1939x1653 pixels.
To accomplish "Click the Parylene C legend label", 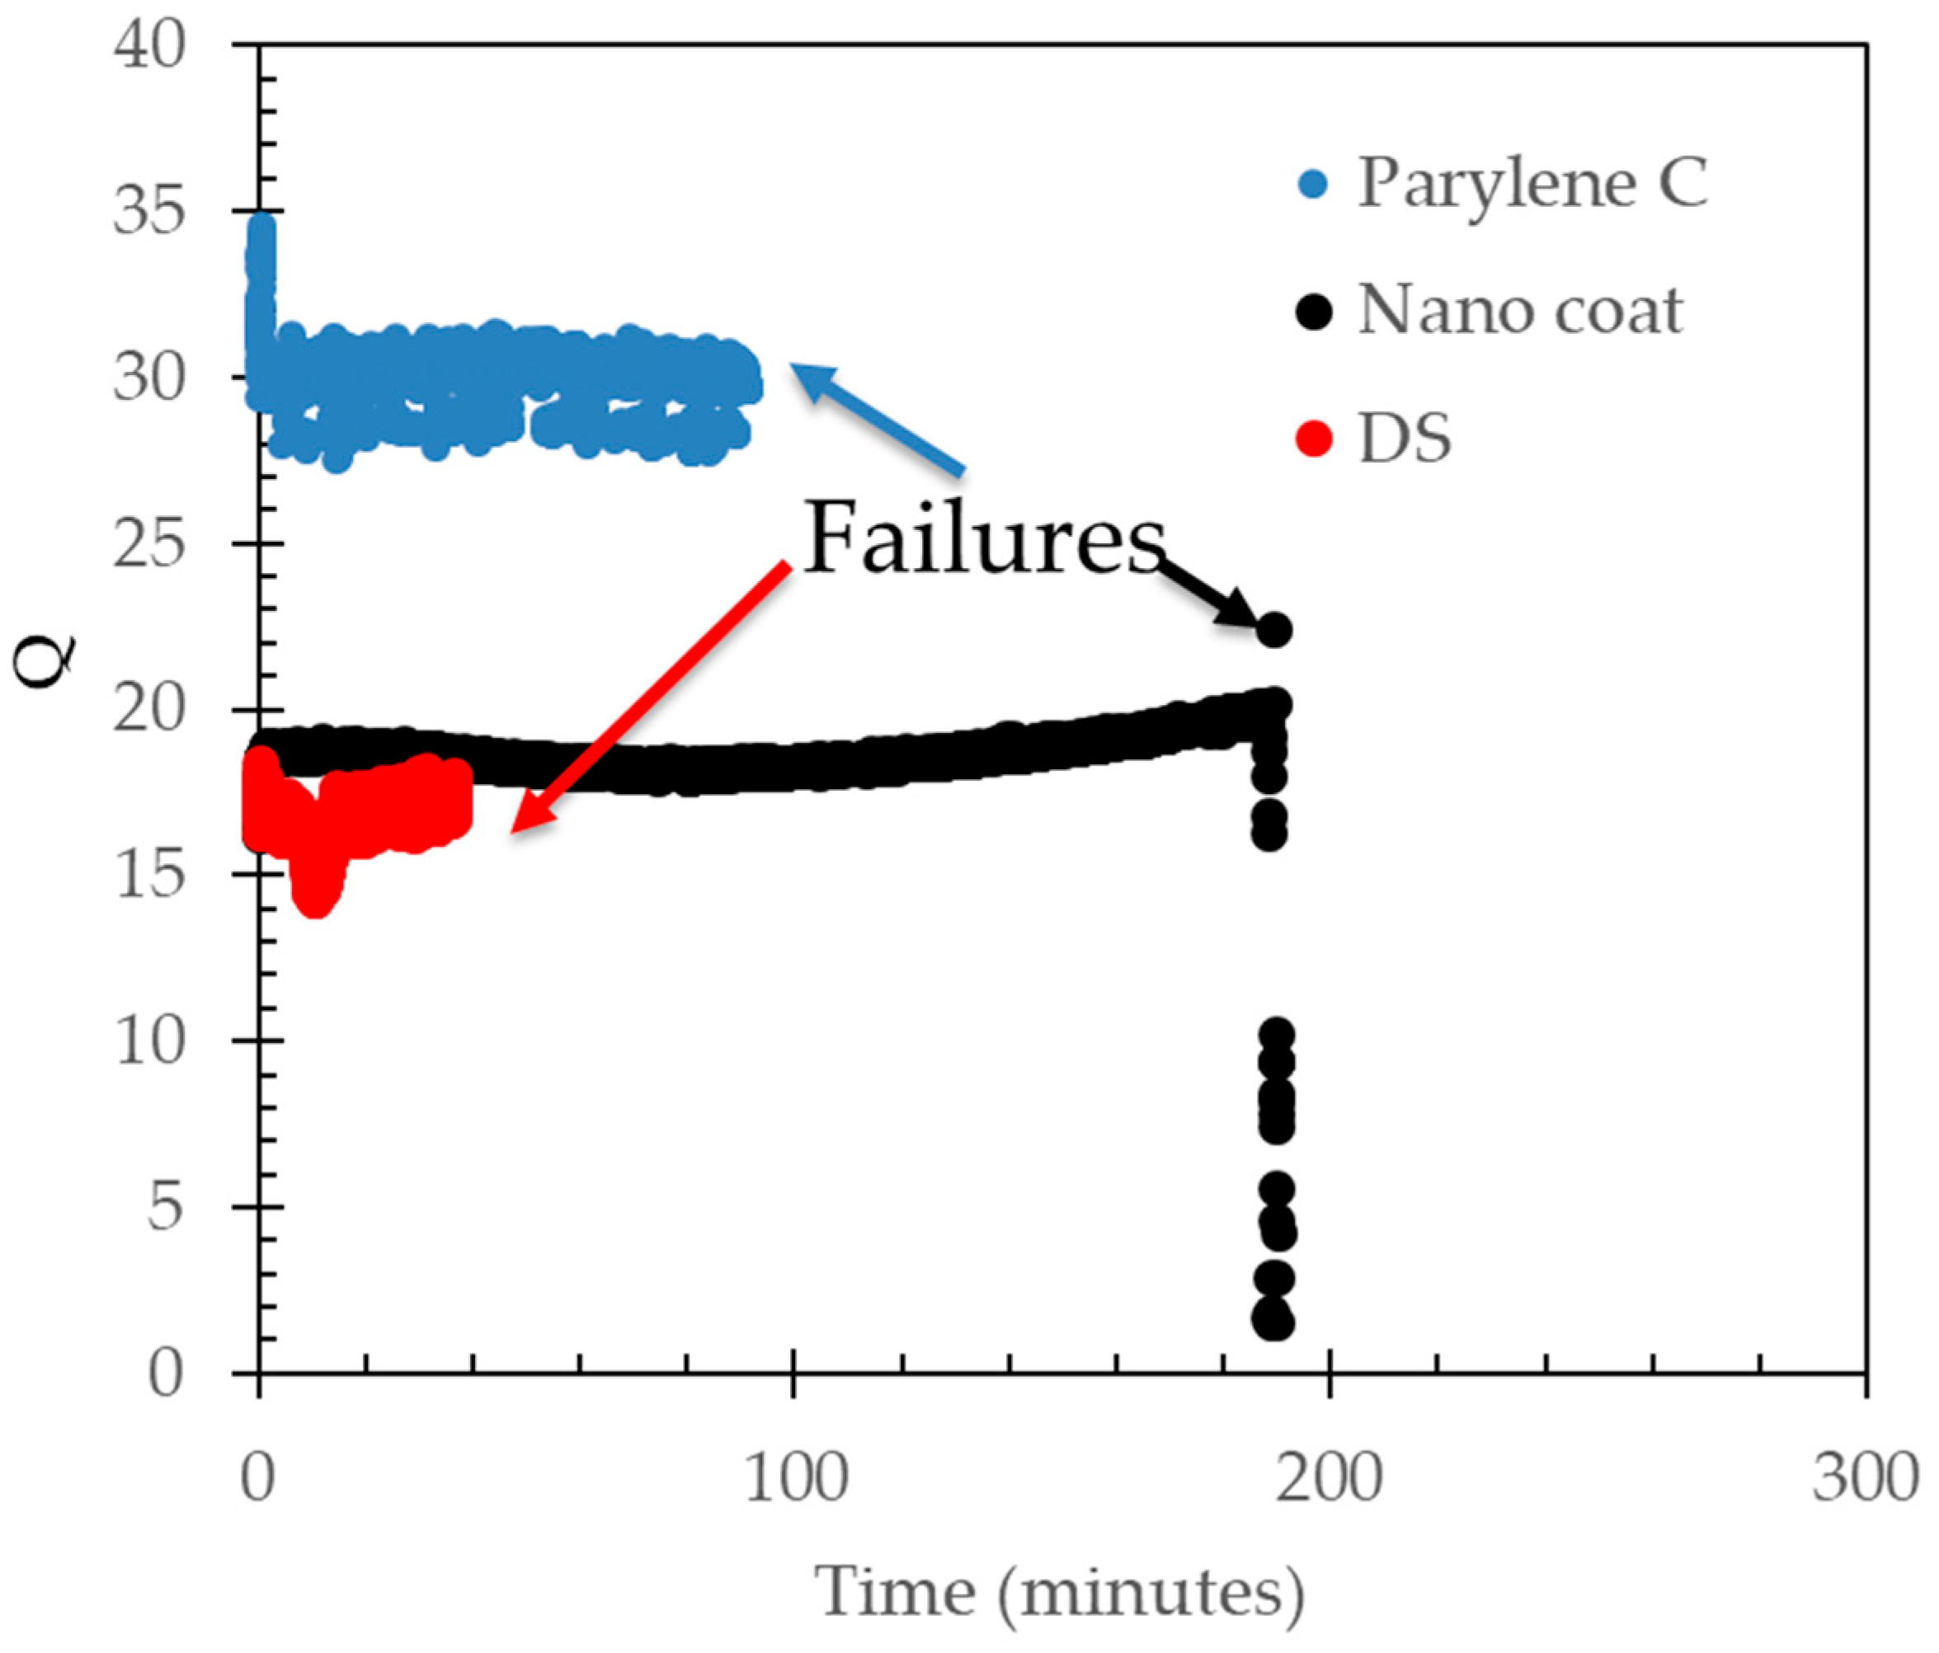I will tap(1533, 182).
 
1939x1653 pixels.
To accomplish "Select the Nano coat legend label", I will tap(1521, 311).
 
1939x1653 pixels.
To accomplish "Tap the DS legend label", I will tap(1405, 438).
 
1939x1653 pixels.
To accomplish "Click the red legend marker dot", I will tap(1314, 438).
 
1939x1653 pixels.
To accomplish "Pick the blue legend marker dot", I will tap(1314, 185).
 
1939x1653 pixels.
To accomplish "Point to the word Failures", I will tap(986, 540).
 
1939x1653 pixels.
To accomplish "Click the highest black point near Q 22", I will tap(1274, 630).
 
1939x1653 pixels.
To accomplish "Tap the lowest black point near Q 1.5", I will tap(1273, 1321).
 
